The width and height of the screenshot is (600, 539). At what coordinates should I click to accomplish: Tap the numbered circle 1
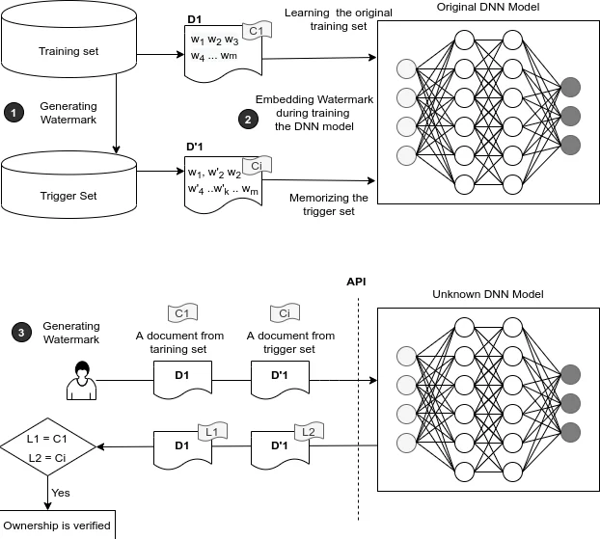coord(14,114)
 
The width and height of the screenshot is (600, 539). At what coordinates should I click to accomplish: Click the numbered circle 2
coord(247,120)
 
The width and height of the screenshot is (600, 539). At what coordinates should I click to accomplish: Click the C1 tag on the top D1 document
coord(257,31)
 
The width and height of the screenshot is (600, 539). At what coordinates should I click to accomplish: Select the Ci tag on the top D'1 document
coord(250,165)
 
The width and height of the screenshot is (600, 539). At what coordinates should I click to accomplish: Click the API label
coord(357,281)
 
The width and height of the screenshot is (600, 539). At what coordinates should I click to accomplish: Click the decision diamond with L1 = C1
coord(48,446)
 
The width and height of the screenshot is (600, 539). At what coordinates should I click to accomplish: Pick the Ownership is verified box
coord(57,526)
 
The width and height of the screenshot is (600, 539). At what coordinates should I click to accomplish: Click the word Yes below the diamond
coord(60,493)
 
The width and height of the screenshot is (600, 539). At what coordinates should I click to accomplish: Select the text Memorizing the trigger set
coord(329,204)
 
